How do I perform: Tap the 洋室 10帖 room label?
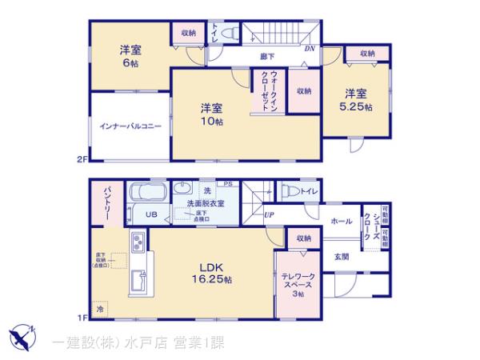(x=211, y=114)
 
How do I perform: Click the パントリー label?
(x=106, y=203)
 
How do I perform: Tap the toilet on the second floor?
(x=228, y=34)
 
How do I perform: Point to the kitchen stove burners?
(x=136, y=242)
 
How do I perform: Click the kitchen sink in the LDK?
(x=136, y=281)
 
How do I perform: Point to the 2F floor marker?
(x=81, y=159)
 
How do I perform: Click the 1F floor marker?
(x=81, y=318)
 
